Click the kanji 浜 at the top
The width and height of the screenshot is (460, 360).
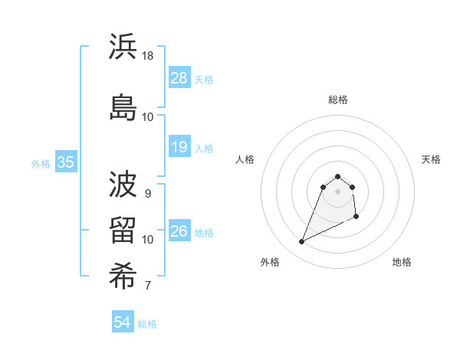pos(123,47)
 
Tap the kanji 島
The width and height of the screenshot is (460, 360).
pos(123,106)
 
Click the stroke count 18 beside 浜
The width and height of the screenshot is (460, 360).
pos(149,56)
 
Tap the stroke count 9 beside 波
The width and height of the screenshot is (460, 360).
pos(148,193)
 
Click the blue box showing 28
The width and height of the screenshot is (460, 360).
pos(179,78)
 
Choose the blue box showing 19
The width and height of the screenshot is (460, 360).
pos(179,147)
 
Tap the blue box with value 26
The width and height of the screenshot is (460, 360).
pos(179,231)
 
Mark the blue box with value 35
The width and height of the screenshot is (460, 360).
pos(66,162)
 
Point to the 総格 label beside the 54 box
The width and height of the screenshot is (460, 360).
pos(147,324)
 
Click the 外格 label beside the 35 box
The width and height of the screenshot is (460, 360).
pos(41,163)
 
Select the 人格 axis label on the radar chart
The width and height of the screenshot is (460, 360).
pos(245,159)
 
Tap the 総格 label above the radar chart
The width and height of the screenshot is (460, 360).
pos(338,100)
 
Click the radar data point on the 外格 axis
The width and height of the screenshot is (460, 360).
pos(301,242)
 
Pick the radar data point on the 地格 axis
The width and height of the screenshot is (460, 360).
pos(357,218)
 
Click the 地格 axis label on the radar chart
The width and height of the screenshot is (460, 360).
pos(402,262)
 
